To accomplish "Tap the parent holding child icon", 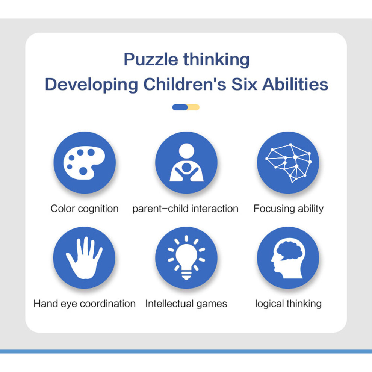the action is (186, 163).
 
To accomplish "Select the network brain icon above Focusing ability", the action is (289, 163).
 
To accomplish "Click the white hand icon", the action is (84, 258).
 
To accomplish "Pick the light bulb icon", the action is (186, 258).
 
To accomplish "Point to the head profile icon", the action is (288, 258).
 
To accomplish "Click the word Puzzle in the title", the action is (151, 59).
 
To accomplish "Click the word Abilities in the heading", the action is (295, 84).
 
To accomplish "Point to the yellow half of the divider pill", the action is (194, 107).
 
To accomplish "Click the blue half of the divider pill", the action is (180, 107).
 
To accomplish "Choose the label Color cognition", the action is (85, 209).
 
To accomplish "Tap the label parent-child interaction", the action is (185, 209).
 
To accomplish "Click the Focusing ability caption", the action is (289, 209).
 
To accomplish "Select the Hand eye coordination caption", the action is (85, 304).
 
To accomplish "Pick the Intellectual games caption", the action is (186, 304).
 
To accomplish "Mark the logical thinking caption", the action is (289, 304).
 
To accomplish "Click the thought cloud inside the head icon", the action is (289, 251).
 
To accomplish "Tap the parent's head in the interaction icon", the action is (186, 151).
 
